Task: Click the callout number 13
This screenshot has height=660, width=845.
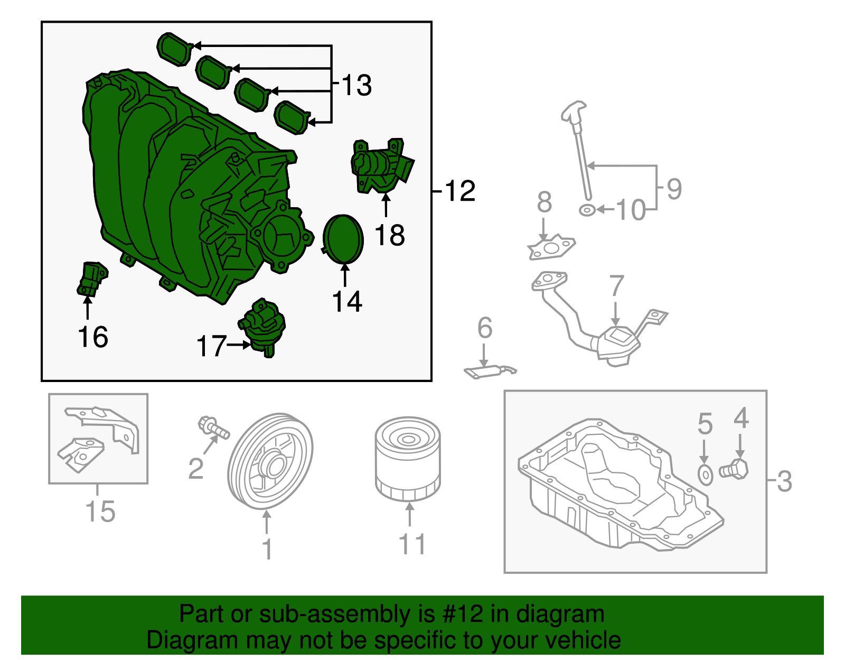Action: pos(357,85)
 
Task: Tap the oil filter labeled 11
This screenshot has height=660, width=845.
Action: pos(407,458)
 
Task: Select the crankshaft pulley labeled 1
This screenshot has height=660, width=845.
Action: pos(270,461)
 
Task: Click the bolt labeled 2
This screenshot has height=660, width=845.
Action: pos(213,427)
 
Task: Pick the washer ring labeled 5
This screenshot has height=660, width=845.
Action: pos(705,475)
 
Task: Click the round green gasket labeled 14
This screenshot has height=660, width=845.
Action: pos(343,239)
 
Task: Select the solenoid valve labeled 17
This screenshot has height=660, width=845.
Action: pos(262,327)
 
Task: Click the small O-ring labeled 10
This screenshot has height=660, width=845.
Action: pos(587,210)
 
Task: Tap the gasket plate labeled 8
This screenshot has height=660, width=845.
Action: pos(551,247)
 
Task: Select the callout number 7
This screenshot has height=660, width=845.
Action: pos(616,286)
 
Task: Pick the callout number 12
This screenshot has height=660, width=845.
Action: pos(460,191)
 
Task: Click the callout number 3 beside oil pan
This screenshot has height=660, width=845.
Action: pos(785,481)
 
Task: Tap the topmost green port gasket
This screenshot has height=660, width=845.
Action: pos(174,49)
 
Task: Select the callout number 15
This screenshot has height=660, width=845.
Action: pos(100,512)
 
